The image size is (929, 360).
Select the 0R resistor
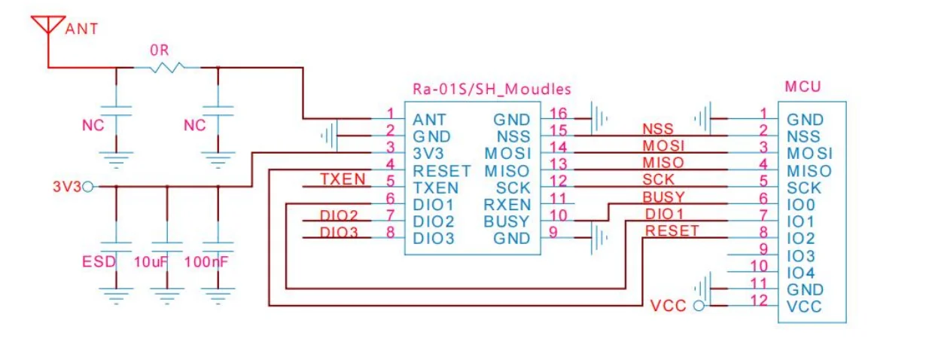tap(166, 68)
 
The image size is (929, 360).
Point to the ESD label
tap(99, 262)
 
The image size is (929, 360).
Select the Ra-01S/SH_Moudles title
tap(492, 89)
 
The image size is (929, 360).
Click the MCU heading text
tap(803, 87)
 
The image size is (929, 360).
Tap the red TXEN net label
tap(343, 179)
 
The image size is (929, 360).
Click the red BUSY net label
tap(663, 197)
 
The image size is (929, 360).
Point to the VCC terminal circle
tap(698, 307)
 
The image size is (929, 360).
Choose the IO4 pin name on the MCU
tap(800, 273)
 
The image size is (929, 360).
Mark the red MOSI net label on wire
tap(663, 145)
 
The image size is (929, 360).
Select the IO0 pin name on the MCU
tap(800, 205)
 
